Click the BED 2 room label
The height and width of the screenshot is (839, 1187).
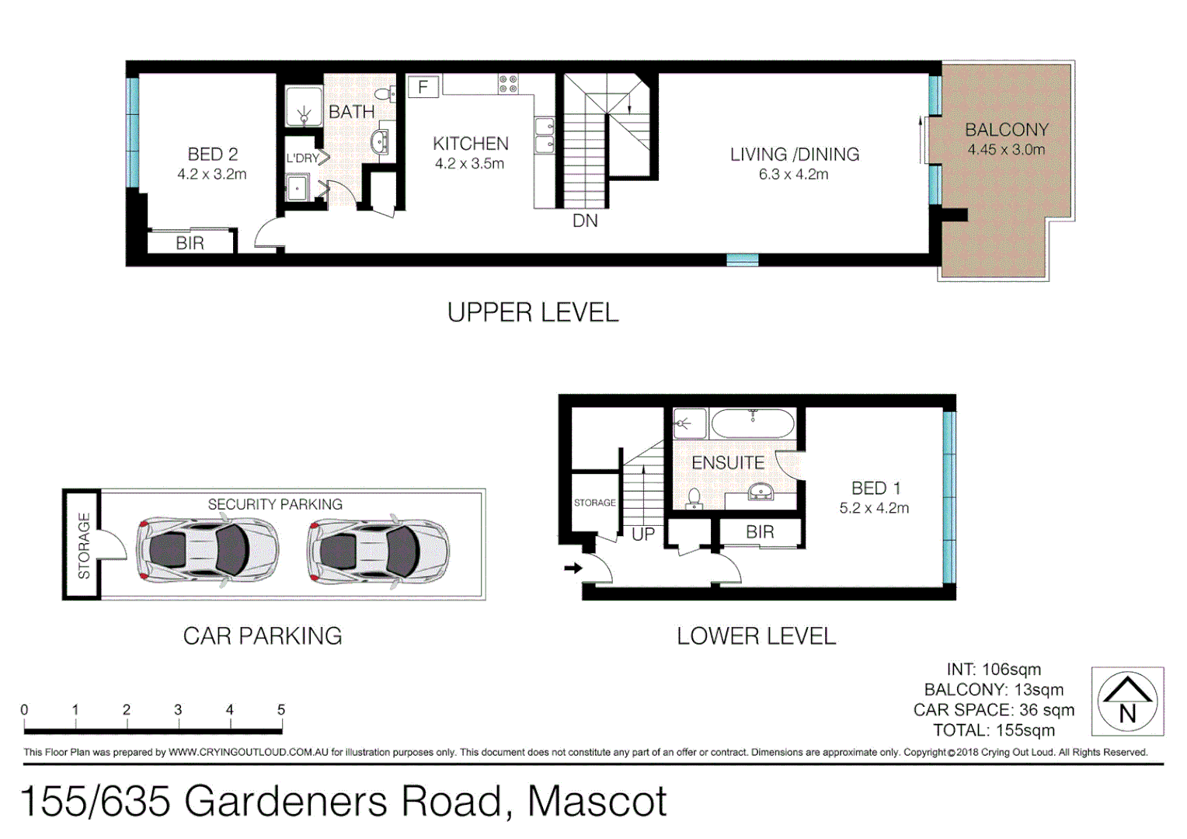click(x=212, y=155)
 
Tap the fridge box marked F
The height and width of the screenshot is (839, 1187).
click(x=423, y=86)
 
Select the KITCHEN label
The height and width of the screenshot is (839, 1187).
click(x=470, y=144)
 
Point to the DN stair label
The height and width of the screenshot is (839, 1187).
click(x=585, y=221)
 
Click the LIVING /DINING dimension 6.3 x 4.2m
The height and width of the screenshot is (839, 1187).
click(x=793, y=175)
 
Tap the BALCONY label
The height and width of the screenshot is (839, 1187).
click(x=1006, y=130)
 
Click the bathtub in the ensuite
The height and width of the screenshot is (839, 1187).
click(x=752, y=424)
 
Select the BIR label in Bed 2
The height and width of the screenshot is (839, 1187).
click(x=190, y=243)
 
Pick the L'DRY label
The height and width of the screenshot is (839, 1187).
click(x=302, y=158)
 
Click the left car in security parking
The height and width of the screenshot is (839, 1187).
click(x=207, y=548)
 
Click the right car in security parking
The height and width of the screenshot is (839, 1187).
click(x=378, y=548)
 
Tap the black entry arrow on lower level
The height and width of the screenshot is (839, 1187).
click(x=573, y=568)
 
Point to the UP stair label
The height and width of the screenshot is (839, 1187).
click(x=643, y=534)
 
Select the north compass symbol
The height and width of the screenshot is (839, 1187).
click(x=1127, y=701)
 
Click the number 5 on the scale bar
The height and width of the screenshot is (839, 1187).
click(x=281, y=709)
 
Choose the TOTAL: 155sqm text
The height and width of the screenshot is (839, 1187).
click(x=994, y=730)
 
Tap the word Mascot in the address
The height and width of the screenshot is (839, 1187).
click(x=597, y=801)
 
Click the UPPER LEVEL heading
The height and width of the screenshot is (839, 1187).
click(x=533, y=313)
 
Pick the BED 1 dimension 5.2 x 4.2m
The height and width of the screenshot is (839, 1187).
click(x=874, y=508)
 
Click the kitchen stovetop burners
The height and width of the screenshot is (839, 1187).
click(x=508, y=84)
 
